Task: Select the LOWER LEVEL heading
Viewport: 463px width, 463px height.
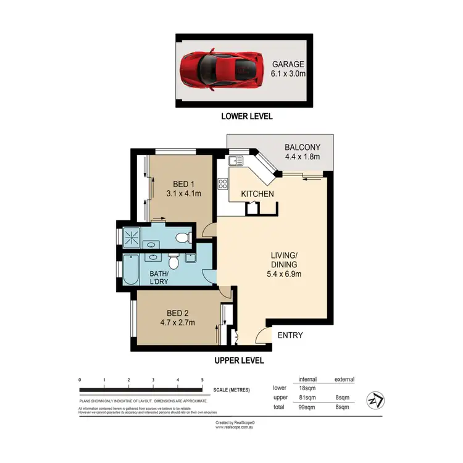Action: (x=246, y=116)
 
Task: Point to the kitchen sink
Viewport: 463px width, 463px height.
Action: (x=235, y=162)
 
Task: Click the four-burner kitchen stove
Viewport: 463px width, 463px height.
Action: (x=223, y=183)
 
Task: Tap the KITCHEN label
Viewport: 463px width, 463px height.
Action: (x=257, y=194)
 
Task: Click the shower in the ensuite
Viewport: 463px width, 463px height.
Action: (x=131, y=235)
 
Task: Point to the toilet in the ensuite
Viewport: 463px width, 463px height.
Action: (x=181, y=238)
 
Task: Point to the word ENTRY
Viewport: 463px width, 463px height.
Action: (x=290, y=335)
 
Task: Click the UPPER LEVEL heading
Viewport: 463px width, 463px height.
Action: (x=239, y=361)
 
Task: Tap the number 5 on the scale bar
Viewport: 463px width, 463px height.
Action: (x=202, y=379)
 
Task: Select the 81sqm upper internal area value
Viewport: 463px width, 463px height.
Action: (x=307, y=398)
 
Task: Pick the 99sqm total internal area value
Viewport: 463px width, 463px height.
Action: (x=307, y=407)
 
